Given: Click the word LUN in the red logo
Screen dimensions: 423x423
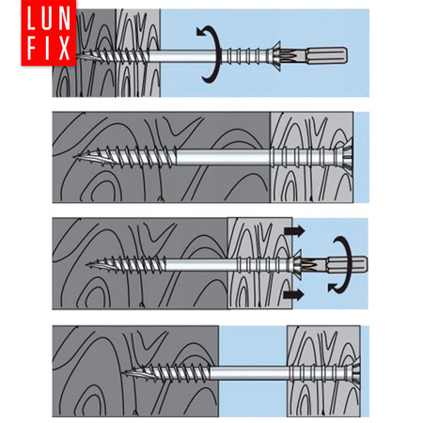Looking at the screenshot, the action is click(49, 19).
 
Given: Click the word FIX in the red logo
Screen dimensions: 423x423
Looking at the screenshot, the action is click(49, 48).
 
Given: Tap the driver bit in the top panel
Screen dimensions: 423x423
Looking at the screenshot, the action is click(317, 56).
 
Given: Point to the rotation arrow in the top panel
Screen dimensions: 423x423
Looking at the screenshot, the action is click(217, 55).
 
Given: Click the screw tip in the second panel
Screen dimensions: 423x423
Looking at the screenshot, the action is click(75, 156).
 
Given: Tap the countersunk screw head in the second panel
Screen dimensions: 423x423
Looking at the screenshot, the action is click(345, 157).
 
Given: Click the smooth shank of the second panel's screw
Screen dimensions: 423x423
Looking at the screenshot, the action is click(223, 157).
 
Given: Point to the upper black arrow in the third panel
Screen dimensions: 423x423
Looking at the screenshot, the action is click(294, 231).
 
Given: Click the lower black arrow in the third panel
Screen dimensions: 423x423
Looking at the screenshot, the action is click(294, 294).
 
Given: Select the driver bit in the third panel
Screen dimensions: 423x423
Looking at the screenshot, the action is click(336, 265).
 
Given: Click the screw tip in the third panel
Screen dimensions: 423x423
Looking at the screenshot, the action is click(88, 265).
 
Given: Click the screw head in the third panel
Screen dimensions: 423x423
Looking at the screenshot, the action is click(295, 265).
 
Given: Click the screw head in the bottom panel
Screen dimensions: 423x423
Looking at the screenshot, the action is click(354, 373).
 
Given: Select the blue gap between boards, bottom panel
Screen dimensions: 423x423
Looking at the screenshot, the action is click(253, 371).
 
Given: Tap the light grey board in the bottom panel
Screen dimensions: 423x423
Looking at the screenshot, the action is click(323, 371).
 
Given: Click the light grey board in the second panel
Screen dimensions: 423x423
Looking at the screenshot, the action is click(312, 157).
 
